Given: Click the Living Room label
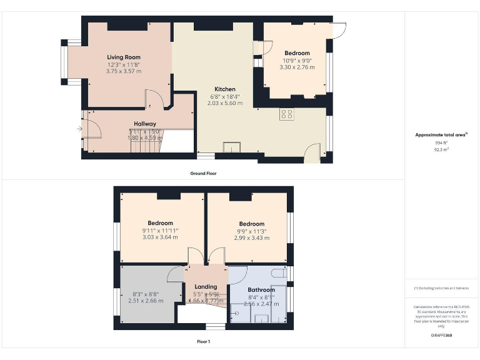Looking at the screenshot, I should coord(123,57).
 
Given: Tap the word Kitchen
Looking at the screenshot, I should coord(225,89).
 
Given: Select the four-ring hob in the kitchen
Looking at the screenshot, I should coord(287,114).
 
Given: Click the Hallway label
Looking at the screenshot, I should coord(145,124).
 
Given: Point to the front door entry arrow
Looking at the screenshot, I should coord(79,129).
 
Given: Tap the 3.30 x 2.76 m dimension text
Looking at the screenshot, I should coord(297,67).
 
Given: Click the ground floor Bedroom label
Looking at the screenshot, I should coord(297,53).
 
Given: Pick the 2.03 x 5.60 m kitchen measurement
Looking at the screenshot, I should coord(225,103).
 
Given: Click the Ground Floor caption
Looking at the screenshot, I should coord(203,173).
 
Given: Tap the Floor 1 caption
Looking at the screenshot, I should coord(203,342).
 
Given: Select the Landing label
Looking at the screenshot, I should coord(206,287).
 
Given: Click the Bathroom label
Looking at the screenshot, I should coord(261,290).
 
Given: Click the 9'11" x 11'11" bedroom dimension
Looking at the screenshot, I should coord(160,231).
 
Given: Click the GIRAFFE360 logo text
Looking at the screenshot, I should coord(441,336).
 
